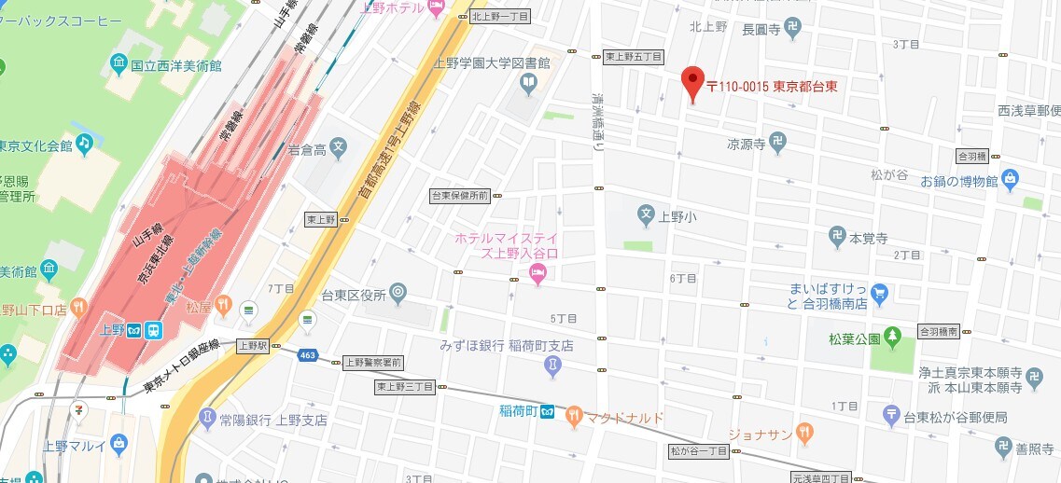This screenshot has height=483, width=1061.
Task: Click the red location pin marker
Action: [691, 83]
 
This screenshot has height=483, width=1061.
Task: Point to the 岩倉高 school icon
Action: [338, 146]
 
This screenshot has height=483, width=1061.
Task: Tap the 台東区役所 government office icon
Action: [398, 295]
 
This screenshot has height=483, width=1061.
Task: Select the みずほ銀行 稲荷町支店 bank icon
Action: [553, 366]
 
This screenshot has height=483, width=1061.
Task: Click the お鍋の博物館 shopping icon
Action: [1011, 179]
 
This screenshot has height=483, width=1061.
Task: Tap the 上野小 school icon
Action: [646, 216]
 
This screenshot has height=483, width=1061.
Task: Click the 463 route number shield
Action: [307, 354]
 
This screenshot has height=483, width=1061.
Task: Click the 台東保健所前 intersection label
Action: [459, 196]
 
